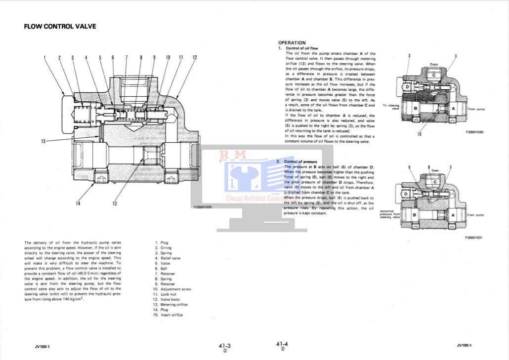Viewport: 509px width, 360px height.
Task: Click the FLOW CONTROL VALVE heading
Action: pyautogui.click(x=60, y=26)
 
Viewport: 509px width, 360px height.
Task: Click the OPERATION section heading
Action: pyautogui.click(x=292, y=43)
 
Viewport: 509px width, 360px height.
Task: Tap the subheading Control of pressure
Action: pyautogui.click(x=300, y=161)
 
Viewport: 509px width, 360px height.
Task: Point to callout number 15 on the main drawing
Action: pyautogui.click(x=43, y=142)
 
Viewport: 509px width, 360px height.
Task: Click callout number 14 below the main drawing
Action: pyautogui.click(x=78, y=203)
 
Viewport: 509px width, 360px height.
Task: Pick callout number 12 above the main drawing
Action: pyautogui.click(x=195, y=58)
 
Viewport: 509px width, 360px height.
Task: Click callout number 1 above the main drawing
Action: pyautogui.click(x=44, y=58)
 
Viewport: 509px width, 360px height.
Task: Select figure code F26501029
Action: pyautogui.click(x=203, y=207)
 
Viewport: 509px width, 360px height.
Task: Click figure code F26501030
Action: pyautogui.click(x=474, y=132)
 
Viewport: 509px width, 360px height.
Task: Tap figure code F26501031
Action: pyautogui.click(x=473, y=238)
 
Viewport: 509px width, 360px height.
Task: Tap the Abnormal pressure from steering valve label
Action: pyautogui.click(x=389, y=214)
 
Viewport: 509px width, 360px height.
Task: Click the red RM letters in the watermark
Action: pyautogui.click(x=233, y=155)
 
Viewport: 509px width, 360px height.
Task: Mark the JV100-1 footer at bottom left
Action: pyautogui.click(x=35, y=346)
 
